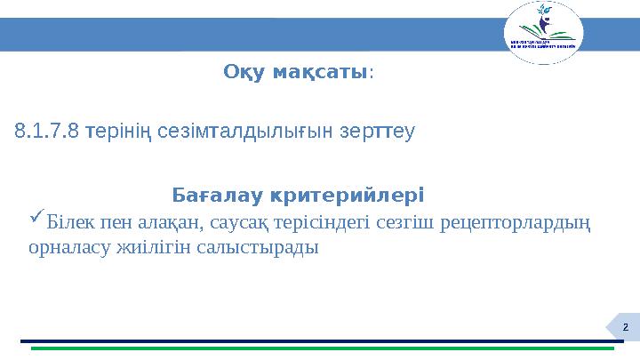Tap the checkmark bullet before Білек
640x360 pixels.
click(x=36, y=217)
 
